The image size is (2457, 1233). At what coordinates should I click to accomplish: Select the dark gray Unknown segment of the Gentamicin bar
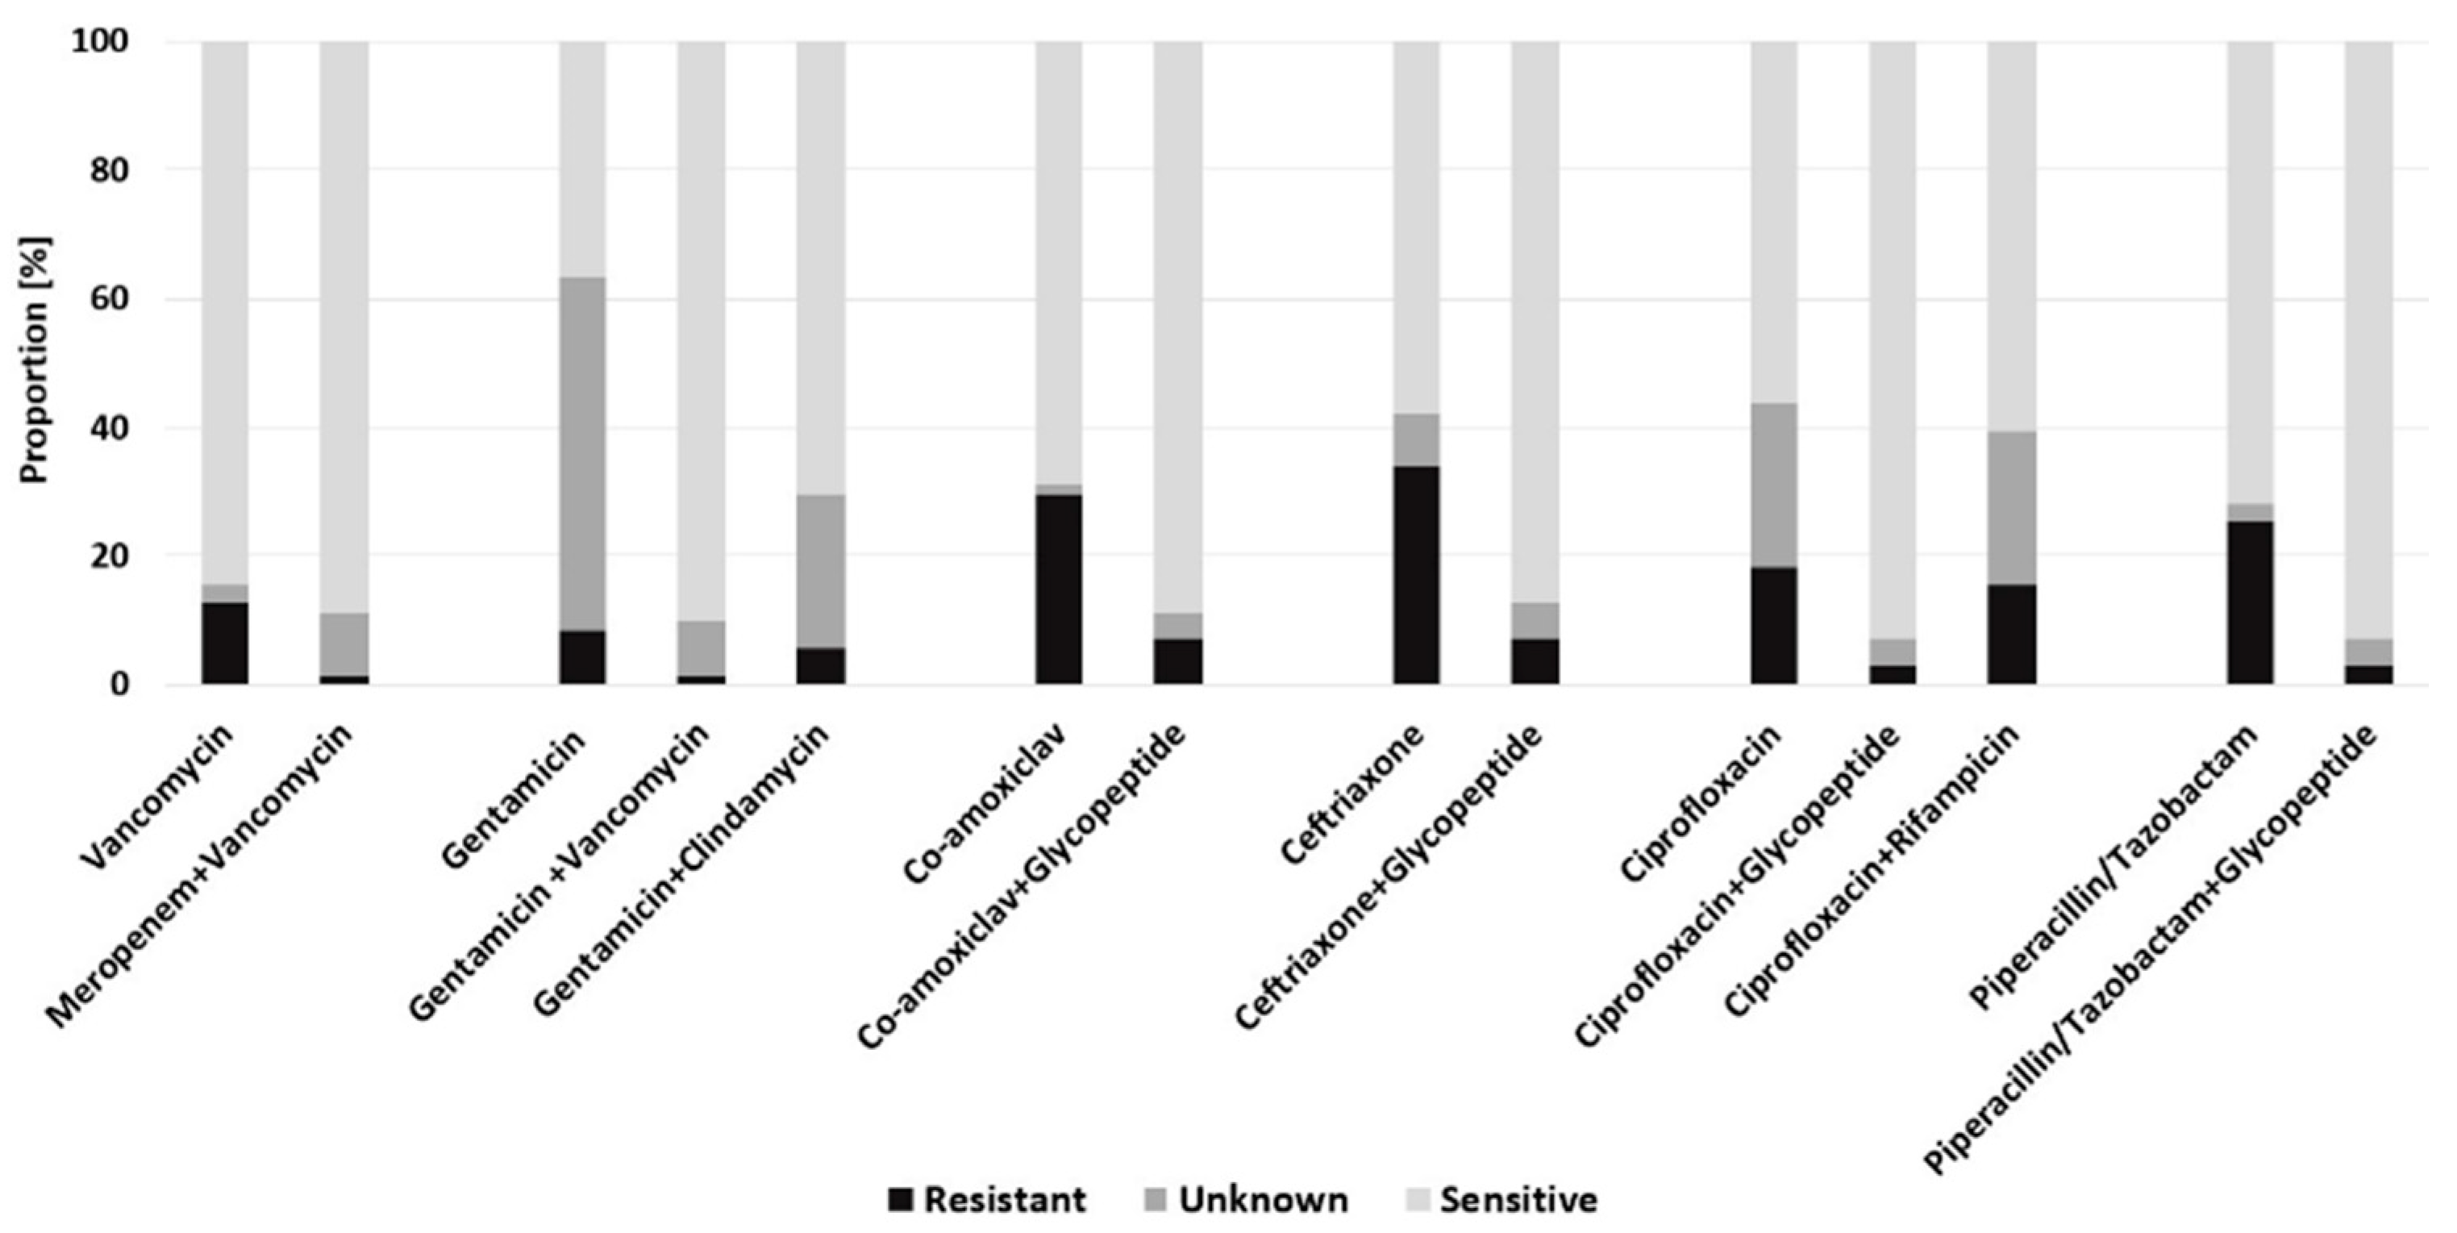(582, 454)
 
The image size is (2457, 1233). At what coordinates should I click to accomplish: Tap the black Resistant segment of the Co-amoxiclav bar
(1059, 589)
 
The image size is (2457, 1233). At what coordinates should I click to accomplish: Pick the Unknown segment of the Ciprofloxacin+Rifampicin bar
(2012, 507)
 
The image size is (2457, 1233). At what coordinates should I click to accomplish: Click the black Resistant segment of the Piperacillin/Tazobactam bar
(2249, 602)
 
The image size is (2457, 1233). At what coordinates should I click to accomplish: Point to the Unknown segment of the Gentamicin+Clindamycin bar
(820, 570)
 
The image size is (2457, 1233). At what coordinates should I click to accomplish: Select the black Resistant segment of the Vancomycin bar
(224, 643)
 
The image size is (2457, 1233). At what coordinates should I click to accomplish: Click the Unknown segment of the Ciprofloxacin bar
(1773, 485)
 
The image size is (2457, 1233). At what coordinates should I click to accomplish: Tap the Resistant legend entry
(986, 1198)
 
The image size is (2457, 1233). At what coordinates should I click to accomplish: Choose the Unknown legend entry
(1246, 1198)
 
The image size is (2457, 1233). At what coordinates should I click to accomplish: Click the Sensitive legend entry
(1501, 1198)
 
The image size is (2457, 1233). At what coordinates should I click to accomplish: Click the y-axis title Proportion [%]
(36, 360)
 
